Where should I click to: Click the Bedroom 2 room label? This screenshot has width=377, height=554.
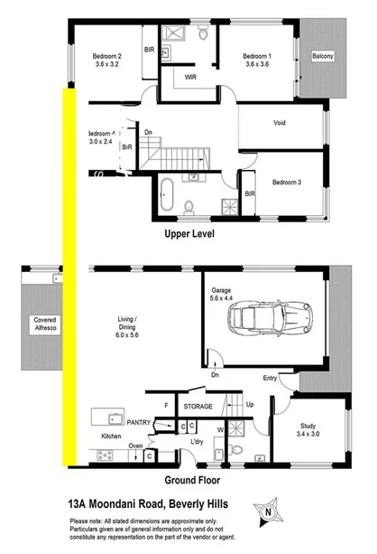pyautogui.click(x=106, y=56)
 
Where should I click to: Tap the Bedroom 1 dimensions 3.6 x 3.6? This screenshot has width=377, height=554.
pyautogui.click(x=256, y=65)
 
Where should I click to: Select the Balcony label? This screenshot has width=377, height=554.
pyautogui.click(x=323, y=56)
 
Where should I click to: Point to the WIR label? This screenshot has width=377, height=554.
pyautogui.click(x=190, y=77)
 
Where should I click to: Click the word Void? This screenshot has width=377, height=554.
pyautogui.click(x=280, y=123)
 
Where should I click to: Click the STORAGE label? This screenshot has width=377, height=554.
pyautogui.click(x=199, y=407)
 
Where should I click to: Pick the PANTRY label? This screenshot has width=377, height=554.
pyautogui.click(x=137, y=421)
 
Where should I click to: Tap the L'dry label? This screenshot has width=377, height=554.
pyautogui.click(x=198, y=441)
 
